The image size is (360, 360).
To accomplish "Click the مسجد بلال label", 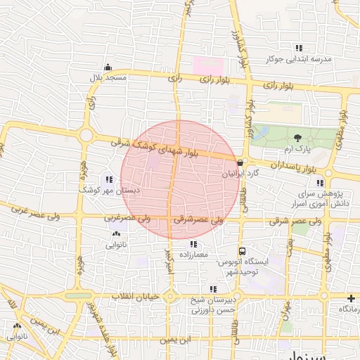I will coord(108,77).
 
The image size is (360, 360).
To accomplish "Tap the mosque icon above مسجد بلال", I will coord(108,67).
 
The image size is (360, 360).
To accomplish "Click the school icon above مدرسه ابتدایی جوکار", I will coord(299,49).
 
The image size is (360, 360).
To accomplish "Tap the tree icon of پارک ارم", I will coord(299,139).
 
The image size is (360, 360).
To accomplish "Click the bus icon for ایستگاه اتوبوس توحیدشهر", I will coord(243,251).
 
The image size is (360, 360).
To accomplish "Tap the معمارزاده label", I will coord(194,255).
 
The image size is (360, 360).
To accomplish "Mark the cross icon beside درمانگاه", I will coord(351,299).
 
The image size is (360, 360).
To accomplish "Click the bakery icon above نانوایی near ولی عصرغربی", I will coord(115,234).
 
